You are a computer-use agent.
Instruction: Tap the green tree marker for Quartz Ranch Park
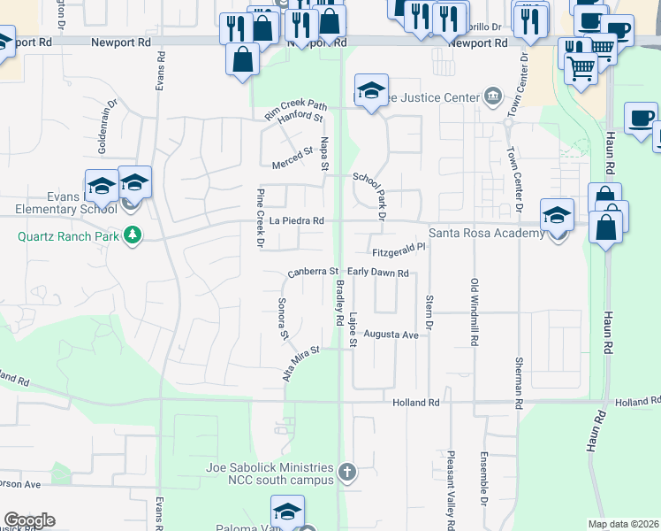[x=133, y=235]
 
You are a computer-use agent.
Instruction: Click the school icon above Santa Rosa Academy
[x=557, y=215]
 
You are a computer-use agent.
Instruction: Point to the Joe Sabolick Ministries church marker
[x=347, y=473]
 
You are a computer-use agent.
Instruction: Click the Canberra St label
[x=313, y=272]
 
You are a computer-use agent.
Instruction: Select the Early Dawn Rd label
[x=377, y=273]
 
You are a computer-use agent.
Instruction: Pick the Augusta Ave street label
[x=390, y=335]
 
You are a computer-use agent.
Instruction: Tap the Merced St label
[x=294, y=153]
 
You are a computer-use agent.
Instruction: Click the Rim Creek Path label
[x=296, y=107]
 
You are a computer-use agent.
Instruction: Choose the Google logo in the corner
[x=29, y=520]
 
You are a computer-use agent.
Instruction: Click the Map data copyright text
[x=623, y=524]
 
